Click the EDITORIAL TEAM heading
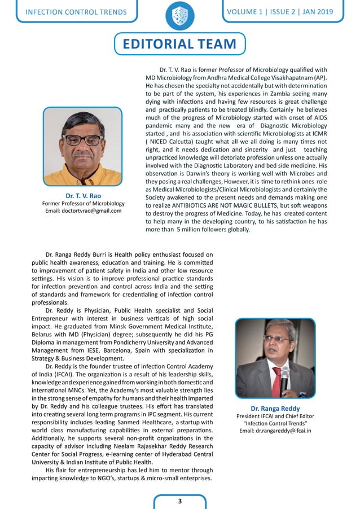click(x=179, y=44)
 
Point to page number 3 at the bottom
click(x=179, y=501)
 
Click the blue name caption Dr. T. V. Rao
click(x=83, y=195)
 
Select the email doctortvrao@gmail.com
click(x=83, y=211)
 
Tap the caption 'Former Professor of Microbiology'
click(x=83, y=203)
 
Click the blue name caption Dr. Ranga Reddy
click(x=275, y=408)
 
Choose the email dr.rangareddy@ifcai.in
click(x=275, y=431)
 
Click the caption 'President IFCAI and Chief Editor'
click(x=275, y=416)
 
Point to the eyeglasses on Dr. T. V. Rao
click(x=82, y=139)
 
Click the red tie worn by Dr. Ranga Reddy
click(x=277, y=382)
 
